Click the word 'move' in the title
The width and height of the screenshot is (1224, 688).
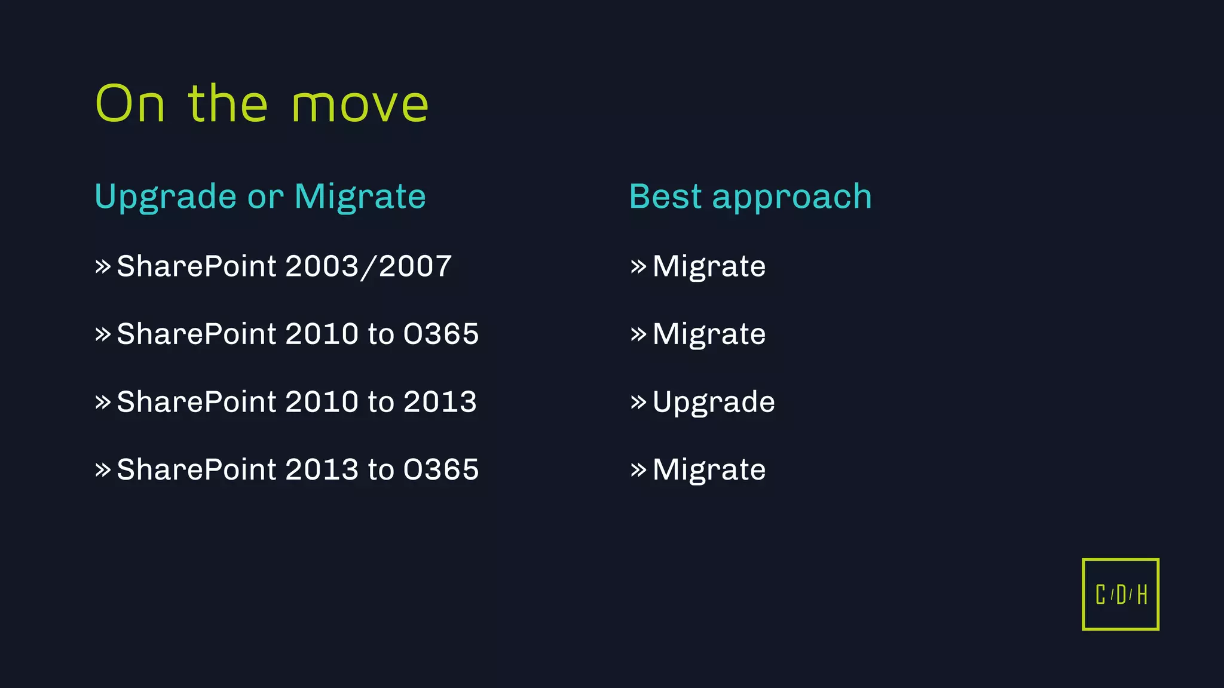pos(360,105)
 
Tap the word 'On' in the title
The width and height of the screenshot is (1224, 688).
pos(130,104)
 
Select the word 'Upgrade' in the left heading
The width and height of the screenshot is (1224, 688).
pos(166,197)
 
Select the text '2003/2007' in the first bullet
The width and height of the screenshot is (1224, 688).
pos(368,266)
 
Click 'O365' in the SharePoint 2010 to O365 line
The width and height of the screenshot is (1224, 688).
pos(441,333)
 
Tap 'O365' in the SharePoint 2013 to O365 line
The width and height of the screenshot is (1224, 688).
pos(441,469)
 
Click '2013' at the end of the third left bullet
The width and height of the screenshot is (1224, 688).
pos(440,401)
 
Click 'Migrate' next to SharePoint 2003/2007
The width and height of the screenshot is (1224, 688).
pos(709,266)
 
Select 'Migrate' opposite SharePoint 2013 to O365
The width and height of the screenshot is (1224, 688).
pos(709,470)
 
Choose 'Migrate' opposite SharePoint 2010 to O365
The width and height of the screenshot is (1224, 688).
pos(709,334)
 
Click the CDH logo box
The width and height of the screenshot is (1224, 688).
pos(1120,594)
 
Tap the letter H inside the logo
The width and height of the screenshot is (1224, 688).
pos(1142,595)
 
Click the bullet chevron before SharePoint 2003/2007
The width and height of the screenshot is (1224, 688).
pos(103,266)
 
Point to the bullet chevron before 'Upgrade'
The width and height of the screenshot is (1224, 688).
pos(638,402)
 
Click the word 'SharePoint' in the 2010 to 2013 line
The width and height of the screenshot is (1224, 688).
pos(196,401)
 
